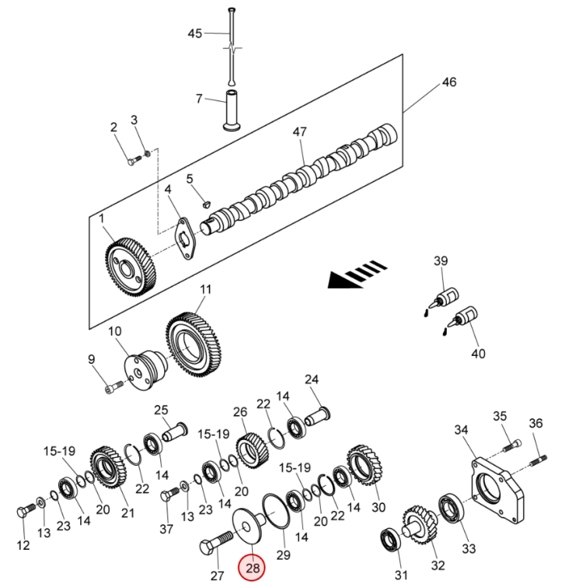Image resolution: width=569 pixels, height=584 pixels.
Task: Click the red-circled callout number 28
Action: pyautogui.click(x=252, y=568)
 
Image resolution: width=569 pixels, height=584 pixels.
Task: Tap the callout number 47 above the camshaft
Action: pyautogui.click(x=300, y=132)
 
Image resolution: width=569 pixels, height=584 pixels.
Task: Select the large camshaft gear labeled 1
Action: pyautogui.click(x=130, y=267)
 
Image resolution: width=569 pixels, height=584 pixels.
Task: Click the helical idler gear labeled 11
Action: pyautogui.click(x=194, y=343)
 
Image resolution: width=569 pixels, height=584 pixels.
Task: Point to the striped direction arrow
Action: pyautogui.click(x=357, y=275)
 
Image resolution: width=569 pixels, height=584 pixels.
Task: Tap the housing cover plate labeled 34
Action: pyautogui.click(x=497, y=490)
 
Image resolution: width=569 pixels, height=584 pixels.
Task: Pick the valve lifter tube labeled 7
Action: pyautogui.click(x=232, y=111)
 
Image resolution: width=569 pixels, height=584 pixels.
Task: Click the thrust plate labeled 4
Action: pyautogui.click(x=185, y=238)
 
